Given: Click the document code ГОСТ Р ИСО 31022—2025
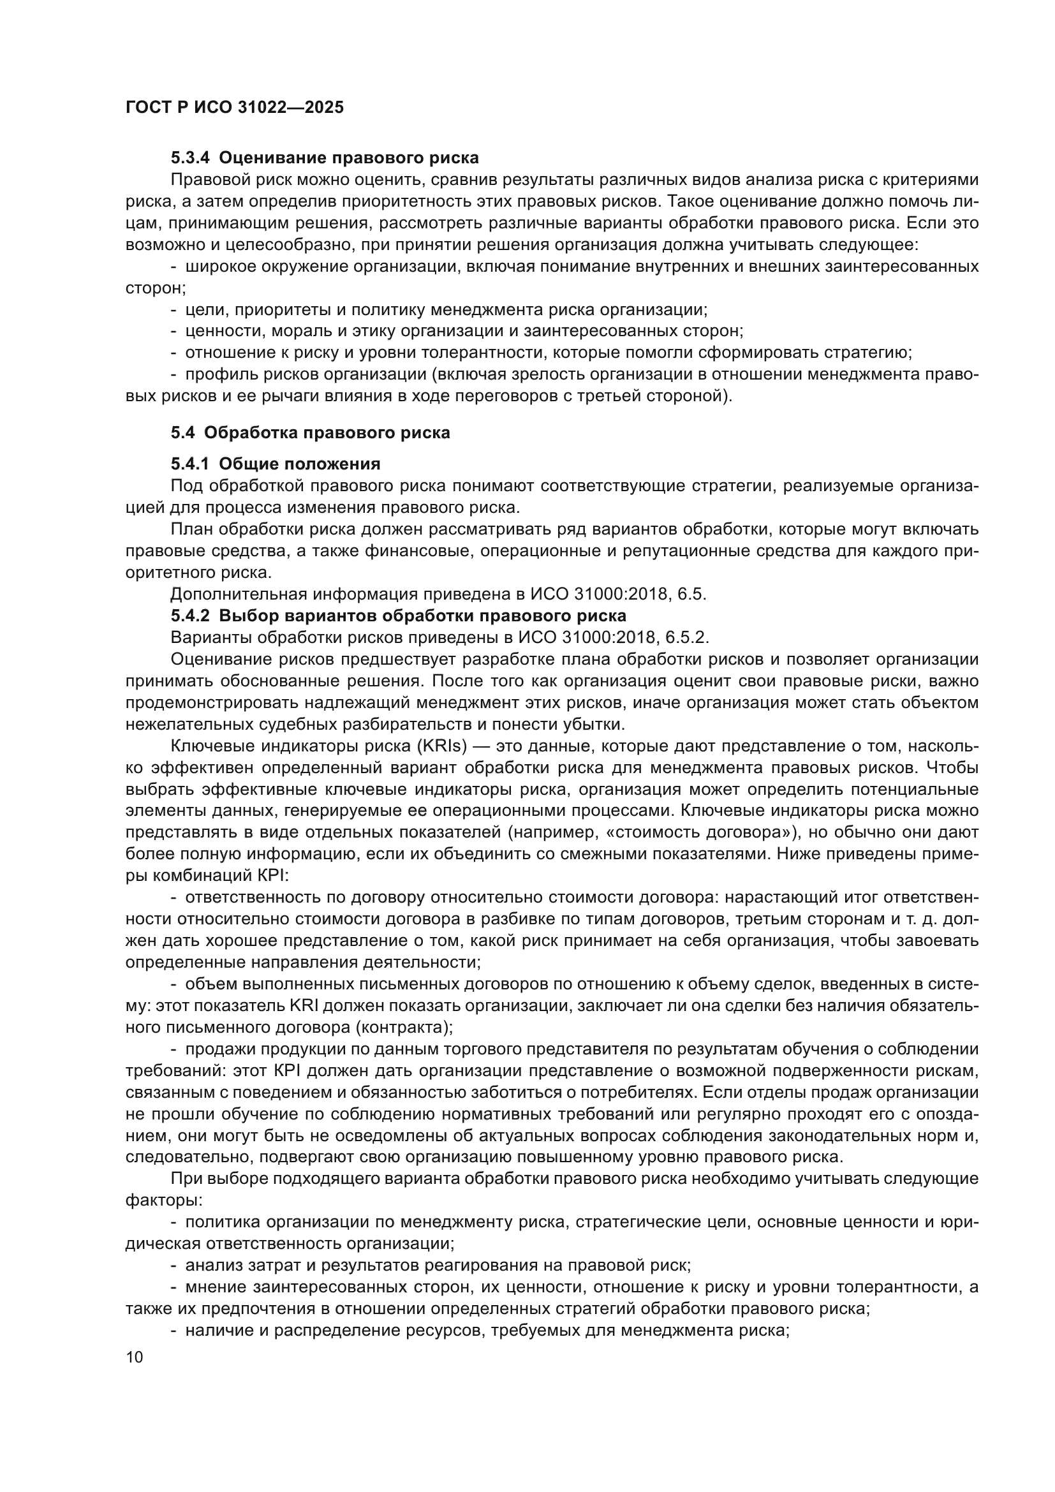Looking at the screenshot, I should click(x=235, y=107).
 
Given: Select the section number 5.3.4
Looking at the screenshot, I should click(x=190, y=158).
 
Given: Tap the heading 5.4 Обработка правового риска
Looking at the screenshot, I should click(x=311, y=432).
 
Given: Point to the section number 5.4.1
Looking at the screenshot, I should click(x=190, y=464).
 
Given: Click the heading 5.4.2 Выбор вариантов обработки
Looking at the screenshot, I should click(x=398, y=616).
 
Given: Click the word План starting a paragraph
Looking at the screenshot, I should click(x=188, y=529).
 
